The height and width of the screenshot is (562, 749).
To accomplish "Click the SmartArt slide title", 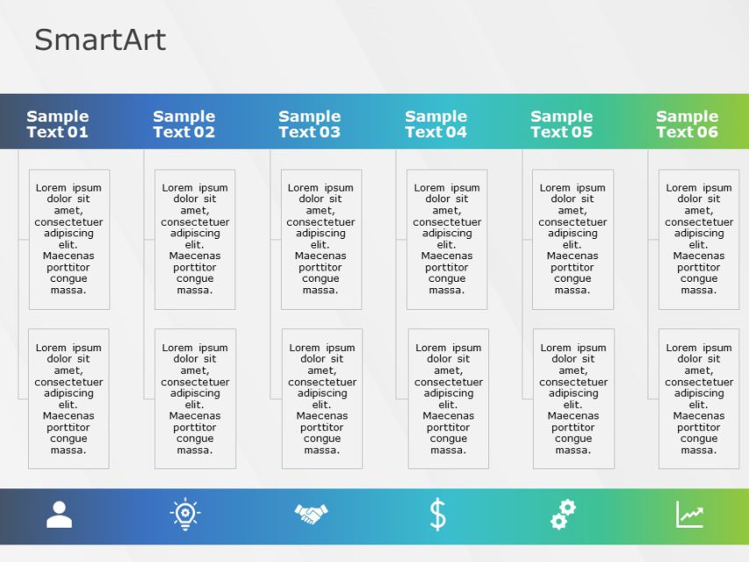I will point(100,40).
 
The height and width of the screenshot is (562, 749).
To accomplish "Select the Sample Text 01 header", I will point(57,124).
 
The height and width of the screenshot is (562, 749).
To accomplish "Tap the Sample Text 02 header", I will point(184,124).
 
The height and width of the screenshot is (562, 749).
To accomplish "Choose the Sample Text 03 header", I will point(309,124).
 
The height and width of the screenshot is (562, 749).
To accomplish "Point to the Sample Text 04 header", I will point(436,124).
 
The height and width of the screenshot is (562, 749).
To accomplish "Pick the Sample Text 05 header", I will point(561,124).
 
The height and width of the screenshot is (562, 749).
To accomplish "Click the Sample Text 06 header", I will point(687,124).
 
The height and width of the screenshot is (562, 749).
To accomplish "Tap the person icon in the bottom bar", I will point(59,515).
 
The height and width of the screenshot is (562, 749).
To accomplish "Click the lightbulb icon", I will point(185,515).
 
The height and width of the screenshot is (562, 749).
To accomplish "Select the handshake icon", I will point(311,514).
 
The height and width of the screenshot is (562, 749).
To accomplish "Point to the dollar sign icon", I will point(437,515).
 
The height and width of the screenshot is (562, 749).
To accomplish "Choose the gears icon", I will point(563,515).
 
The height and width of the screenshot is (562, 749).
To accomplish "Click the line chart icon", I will point(689,515).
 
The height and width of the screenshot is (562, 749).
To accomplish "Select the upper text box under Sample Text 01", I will point(69,239).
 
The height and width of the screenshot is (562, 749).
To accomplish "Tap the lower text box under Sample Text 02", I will point(195,399).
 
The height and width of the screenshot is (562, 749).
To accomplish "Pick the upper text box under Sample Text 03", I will point(321,239).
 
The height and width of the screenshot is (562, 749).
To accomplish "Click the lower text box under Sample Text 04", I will point(448,399).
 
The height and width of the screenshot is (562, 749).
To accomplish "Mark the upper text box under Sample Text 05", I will point(573,239).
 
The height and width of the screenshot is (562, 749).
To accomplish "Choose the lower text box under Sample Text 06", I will point(699,399).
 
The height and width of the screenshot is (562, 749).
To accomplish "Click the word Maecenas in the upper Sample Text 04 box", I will point(446,256).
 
